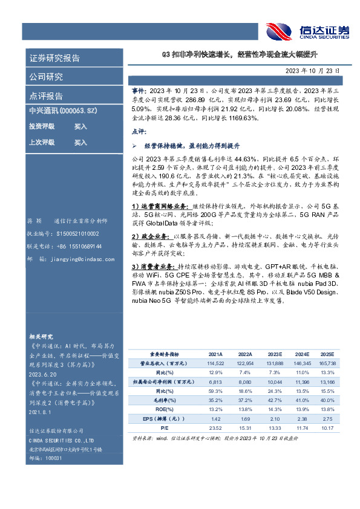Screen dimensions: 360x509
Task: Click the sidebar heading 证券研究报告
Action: [54, 59]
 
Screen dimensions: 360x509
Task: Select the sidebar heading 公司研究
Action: [46, 77]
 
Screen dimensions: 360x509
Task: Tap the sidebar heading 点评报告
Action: [46, 96]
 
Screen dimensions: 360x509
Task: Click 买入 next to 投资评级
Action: [80, 127]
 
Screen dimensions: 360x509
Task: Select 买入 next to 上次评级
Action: [80, 143]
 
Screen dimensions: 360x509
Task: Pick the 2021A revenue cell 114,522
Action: [215, 363]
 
